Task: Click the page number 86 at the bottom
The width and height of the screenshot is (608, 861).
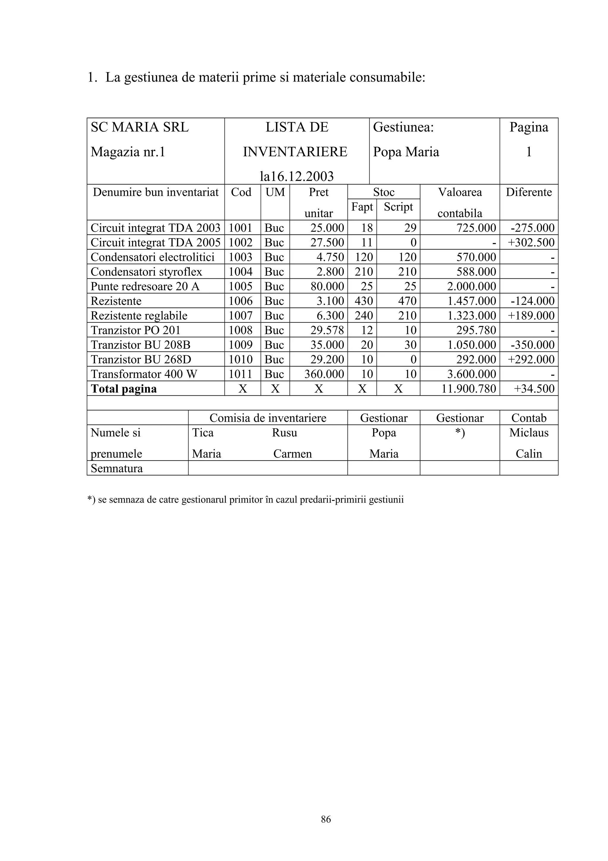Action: tap(326, 819)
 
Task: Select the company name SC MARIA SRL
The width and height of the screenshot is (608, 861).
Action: tap(140, 127)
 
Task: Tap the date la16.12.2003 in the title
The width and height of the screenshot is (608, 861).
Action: tap(296, 176)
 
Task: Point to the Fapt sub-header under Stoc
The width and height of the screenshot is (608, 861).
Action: tap(362, 207)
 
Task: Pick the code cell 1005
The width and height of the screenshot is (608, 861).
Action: tap(240, 286)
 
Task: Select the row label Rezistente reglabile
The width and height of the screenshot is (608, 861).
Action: tap(139, 316)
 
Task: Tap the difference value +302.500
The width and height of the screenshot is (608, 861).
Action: tap(531, 243)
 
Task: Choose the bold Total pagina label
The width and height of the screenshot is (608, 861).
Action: tap(123, 389)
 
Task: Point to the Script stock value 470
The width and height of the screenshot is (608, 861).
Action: tap(407, 301)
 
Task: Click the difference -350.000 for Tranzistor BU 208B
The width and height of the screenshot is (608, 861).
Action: tap(532, 345)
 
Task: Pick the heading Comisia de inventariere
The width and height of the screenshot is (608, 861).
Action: tap(267, 418)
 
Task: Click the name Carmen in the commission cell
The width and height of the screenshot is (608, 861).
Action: tap(292, 454)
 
